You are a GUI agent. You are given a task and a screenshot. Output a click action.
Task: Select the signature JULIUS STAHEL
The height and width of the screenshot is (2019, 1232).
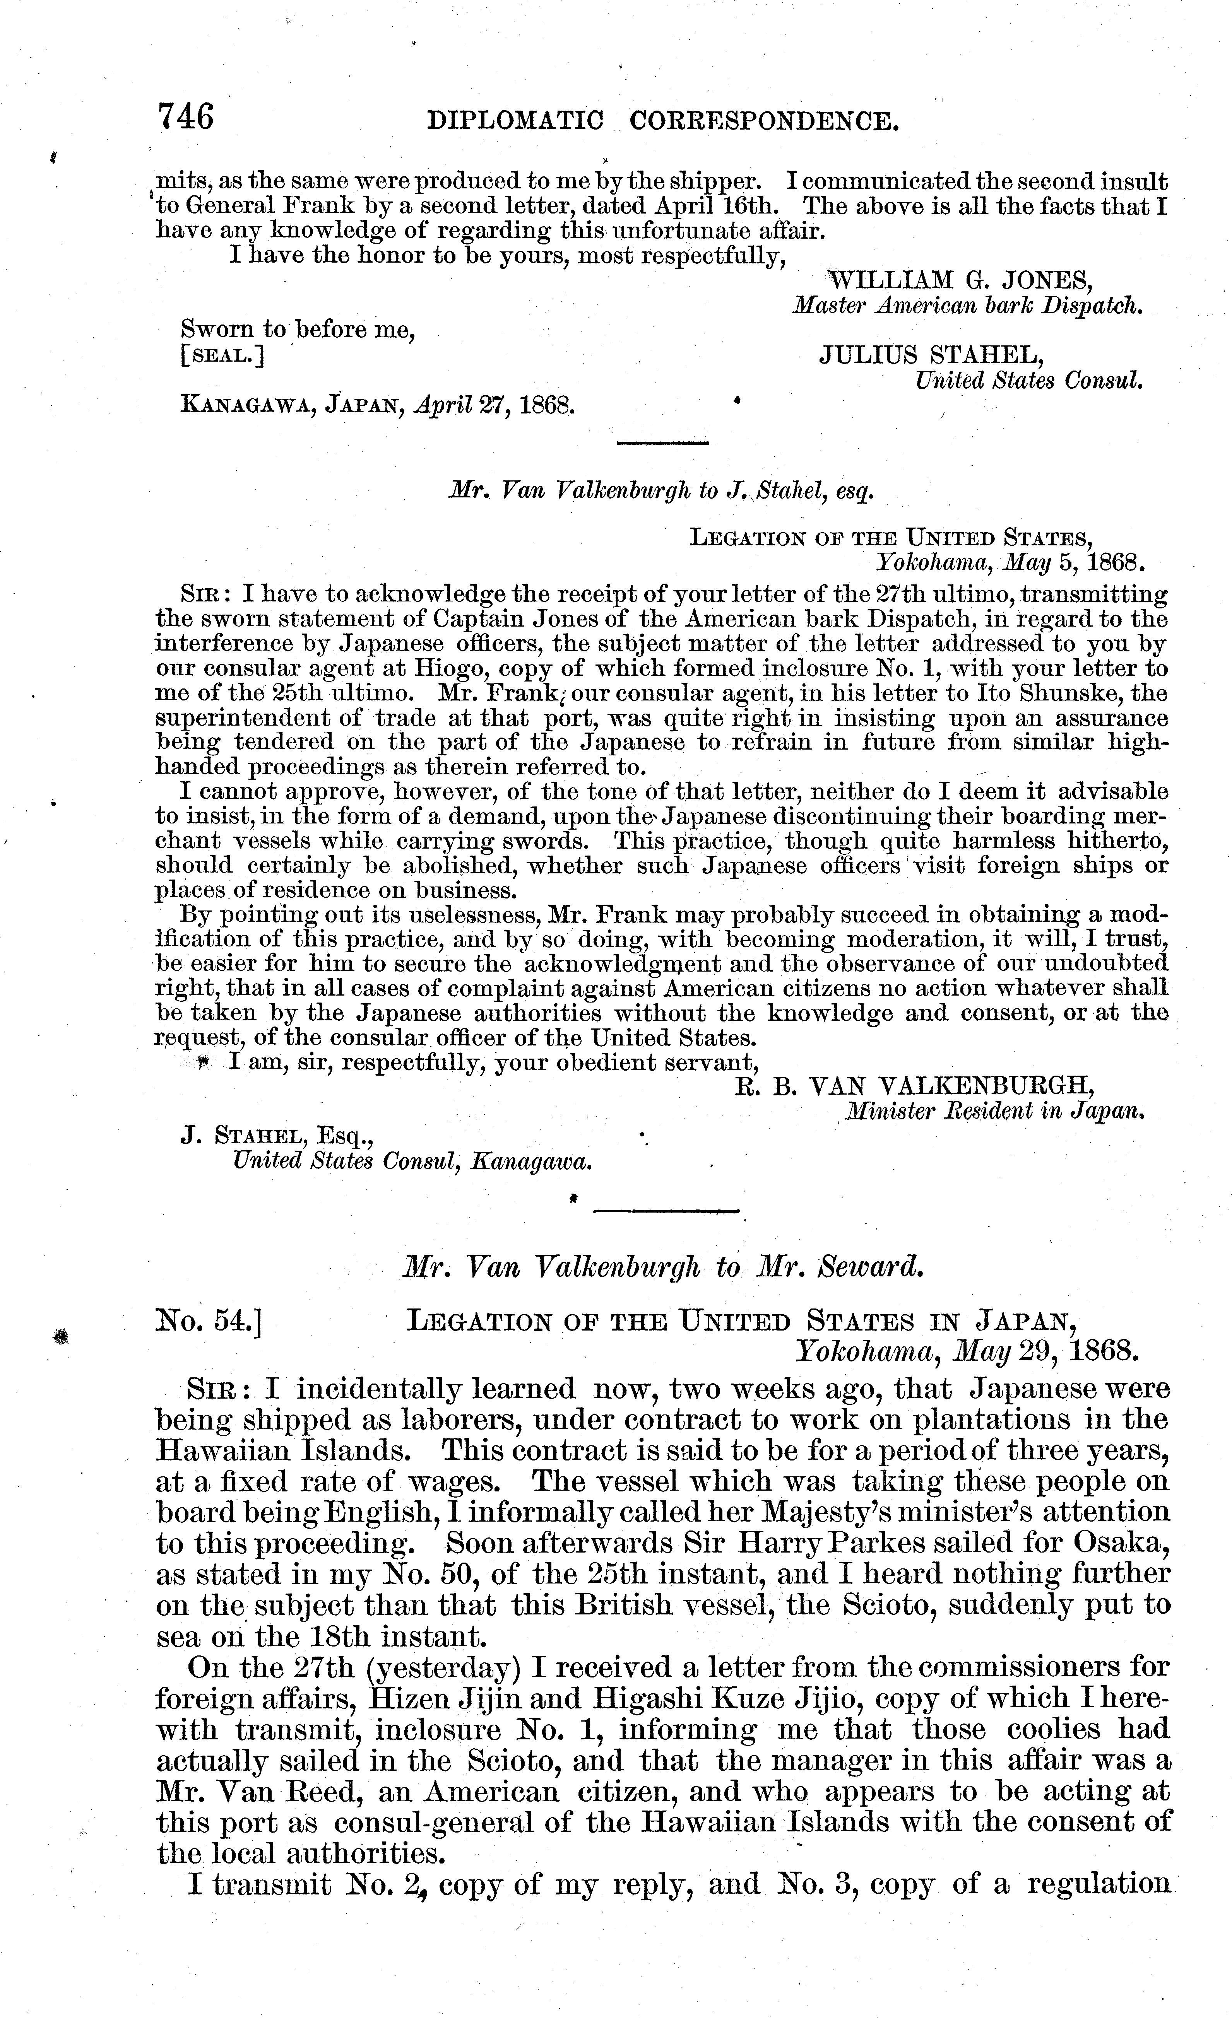coord(931,354)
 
